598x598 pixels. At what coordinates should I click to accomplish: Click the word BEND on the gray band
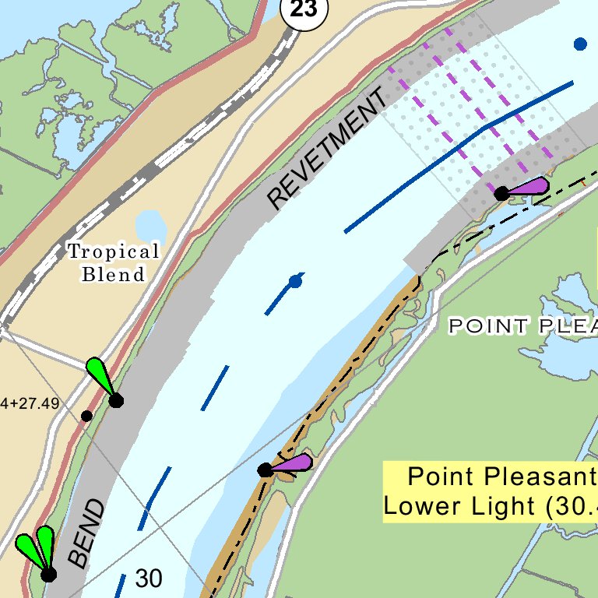click(86, 533)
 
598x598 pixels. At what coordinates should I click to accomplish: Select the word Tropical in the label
click(113, 252)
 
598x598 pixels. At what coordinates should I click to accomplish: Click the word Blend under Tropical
click(114, 274)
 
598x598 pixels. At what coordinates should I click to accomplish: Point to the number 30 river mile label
click(149, 579)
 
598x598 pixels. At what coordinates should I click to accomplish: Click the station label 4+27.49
click(31, 403)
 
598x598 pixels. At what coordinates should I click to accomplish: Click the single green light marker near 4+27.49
click(103, 379)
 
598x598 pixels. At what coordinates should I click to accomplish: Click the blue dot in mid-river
click(295, 281)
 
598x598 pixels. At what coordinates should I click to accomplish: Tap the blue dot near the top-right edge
click(580, 44)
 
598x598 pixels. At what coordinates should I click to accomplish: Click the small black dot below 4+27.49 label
click(86, 416)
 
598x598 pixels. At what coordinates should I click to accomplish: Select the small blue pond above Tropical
click(151, 226)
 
